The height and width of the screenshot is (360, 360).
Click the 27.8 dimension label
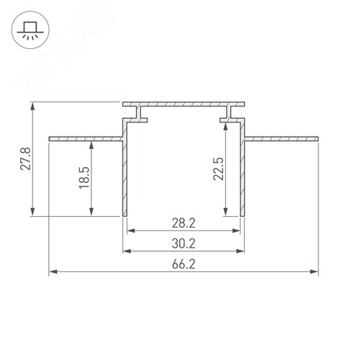point(25,159)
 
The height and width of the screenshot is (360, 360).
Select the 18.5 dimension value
point(84,176)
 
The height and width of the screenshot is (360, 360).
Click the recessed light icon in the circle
point(30,30)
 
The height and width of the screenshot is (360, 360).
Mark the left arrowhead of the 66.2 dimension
point(52,272)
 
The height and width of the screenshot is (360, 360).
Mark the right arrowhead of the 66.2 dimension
point(315,272)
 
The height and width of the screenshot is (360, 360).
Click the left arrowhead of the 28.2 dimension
point(131,232)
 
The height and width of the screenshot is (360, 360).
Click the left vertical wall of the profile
point(125,176)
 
